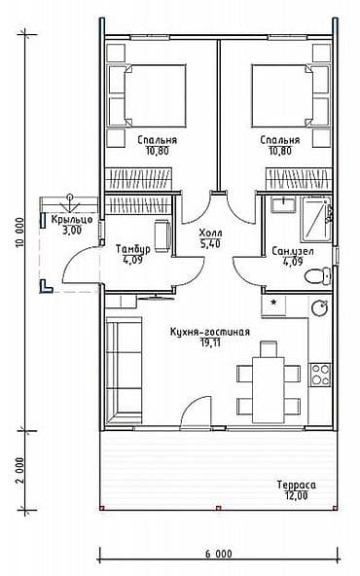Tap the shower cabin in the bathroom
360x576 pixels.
[x=316, y=219]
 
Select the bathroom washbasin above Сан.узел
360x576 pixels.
[x=283, y=204]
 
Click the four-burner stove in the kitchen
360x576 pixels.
[x=320, y=375]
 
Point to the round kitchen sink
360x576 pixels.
[x=320, y=307]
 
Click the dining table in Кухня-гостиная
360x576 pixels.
[x=269, y=390]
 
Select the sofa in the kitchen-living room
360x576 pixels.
[x=124, y=371]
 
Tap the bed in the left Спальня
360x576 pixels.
[x=147, y=96]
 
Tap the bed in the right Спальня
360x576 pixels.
[x=290, y=96]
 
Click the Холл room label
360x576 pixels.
[x=210, y=234]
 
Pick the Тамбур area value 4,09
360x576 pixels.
[x=132, y=260]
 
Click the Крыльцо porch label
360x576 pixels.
[x=72, y=220]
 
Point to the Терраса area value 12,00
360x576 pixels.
[x=297, y=495]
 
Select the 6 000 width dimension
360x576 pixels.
[x=219, y=554]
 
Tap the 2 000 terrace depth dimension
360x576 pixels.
[x=20, y=470]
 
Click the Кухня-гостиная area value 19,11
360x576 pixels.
[x=210, y=342]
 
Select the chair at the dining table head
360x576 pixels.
[x=269, y=348]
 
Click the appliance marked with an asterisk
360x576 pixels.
[x=273, y=306]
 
